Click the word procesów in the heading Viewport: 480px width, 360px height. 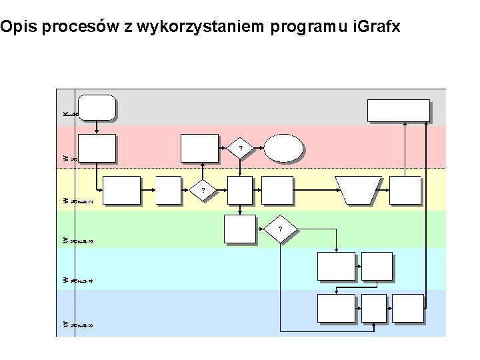click(x=79, y=27)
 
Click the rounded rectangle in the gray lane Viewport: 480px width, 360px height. click(x=97, y=107)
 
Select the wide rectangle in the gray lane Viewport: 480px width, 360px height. click(x=399, y=111)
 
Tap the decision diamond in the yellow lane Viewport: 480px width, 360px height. click(x=204, y=191)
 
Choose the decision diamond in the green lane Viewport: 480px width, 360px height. click(x=280, y=230)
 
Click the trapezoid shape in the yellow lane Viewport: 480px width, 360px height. click(x=358, y=189)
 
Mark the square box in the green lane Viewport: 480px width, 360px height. click(x=239, y=229)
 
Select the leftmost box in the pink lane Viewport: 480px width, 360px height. click(x=97, y=148)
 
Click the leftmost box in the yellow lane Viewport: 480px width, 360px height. click(x=121, y=190)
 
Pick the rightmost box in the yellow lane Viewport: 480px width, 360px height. click(x=405, y=190)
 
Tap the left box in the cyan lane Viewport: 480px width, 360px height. click(x=336, y=266)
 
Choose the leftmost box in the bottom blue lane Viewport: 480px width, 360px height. click(x=336, y=308)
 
